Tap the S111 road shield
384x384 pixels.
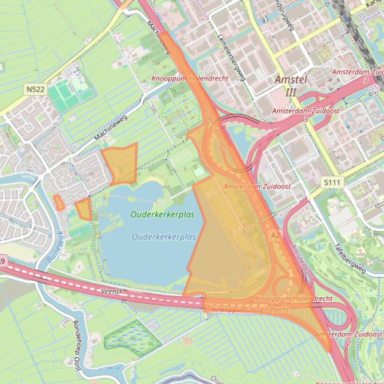coord(331,183)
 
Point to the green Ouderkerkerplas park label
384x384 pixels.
coord(162,215)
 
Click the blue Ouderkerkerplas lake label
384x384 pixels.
coord(164,237)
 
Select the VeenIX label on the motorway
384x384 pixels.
coord(111,290)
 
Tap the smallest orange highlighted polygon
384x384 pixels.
coord(59,202)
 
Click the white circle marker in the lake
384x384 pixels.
coord(161,203)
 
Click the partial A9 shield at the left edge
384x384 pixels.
coord(2,261)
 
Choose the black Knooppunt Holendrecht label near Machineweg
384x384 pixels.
coord(190,78)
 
